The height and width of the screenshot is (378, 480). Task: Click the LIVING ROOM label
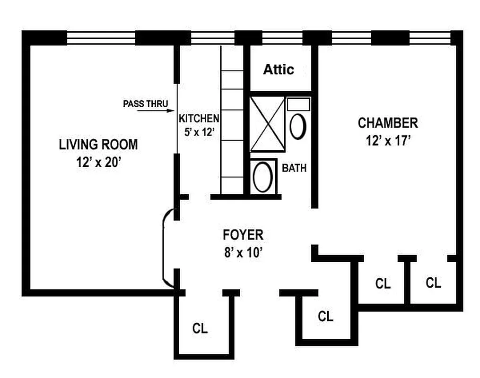click(x=98, y=144)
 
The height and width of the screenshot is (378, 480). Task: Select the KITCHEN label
click(x=199, y=118)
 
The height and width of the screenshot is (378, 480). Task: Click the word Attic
click(x=279, y=69)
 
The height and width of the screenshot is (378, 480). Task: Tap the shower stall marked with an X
click(x=267, y=124)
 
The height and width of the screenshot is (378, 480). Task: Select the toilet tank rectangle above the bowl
click(x=298, y=104)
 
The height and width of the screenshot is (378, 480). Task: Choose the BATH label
click(x=294, y=168)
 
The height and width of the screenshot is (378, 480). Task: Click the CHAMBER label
click(x=388, y=123)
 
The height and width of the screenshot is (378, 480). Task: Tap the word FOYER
click(x=243, y=235)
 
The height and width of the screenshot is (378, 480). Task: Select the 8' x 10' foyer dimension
click(x=243, y=252)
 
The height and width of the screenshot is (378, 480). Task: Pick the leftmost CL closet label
click(x=200, y=328)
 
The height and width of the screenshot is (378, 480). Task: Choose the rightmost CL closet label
click(x=433, y=283)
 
